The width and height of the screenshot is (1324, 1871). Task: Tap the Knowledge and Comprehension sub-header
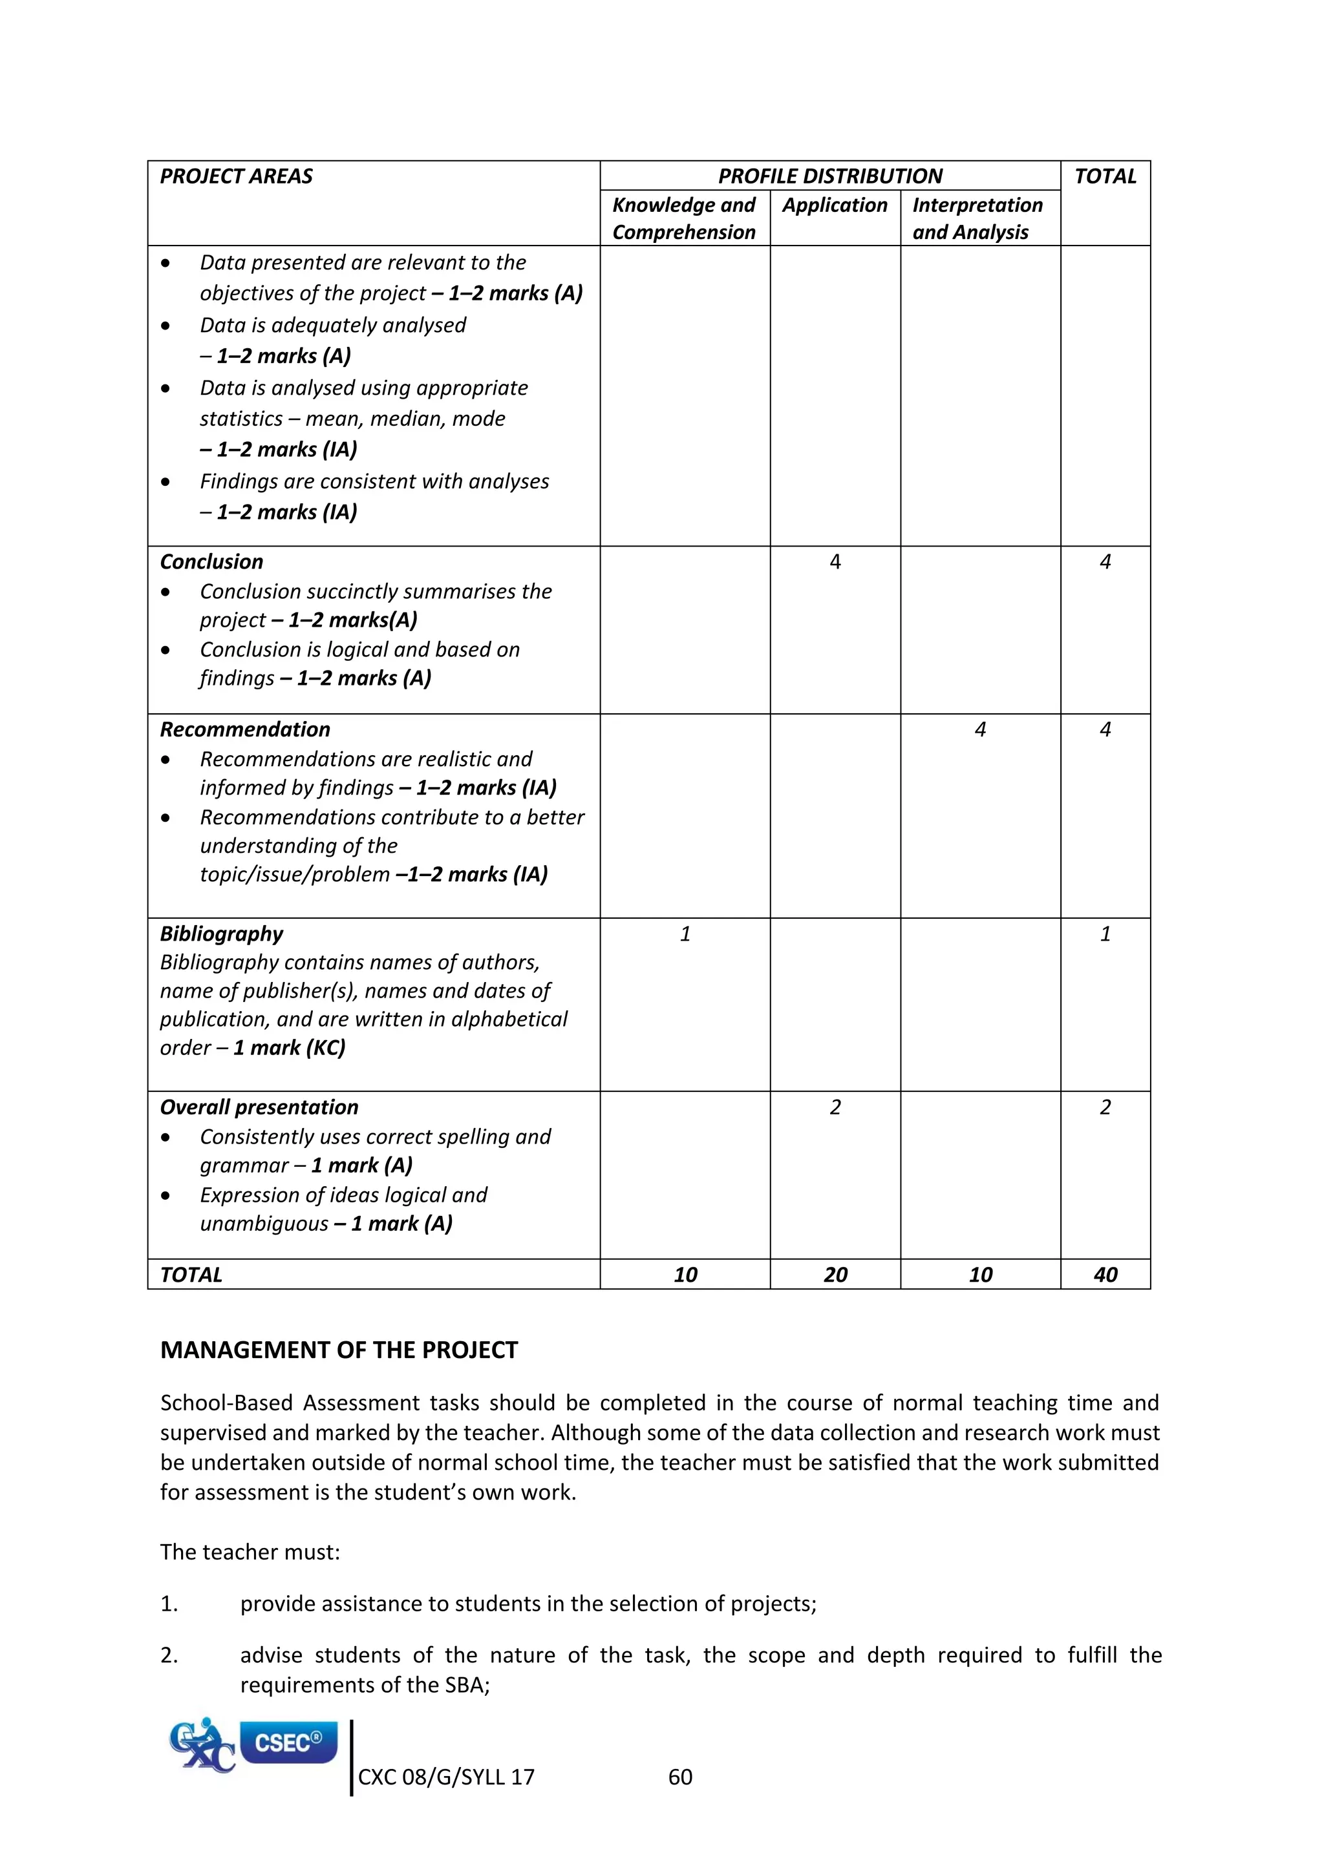tap(683, 218)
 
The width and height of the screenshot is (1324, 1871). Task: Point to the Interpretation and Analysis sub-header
tap(977, 218)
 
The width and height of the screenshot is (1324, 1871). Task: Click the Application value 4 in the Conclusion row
tap(835, 561)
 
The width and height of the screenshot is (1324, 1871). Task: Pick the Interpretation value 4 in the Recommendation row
tap(980, 729)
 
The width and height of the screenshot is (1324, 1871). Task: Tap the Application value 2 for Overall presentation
tap(835, 1107)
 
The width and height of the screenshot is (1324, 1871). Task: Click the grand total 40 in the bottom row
tap(1105, 1275)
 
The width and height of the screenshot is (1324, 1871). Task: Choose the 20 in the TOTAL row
tap(835, 1275)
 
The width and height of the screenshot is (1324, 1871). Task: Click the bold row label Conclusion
tap(211, 561)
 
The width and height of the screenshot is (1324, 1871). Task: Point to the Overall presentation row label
tap(259, 1107)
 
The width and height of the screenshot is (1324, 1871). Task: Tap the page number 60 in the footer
tap(680, 1777)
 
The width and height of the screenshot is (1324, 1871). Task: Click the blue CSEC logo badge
tap(288, 1743)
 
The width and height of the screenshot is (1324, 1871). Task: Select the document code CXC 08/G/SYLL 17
tap(446, 1777)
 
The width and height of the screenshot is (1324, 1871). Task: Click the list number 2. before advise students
tap(169, 1655)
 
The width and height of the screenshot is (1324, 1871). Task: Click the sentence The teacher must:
tap(250, 1552)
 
